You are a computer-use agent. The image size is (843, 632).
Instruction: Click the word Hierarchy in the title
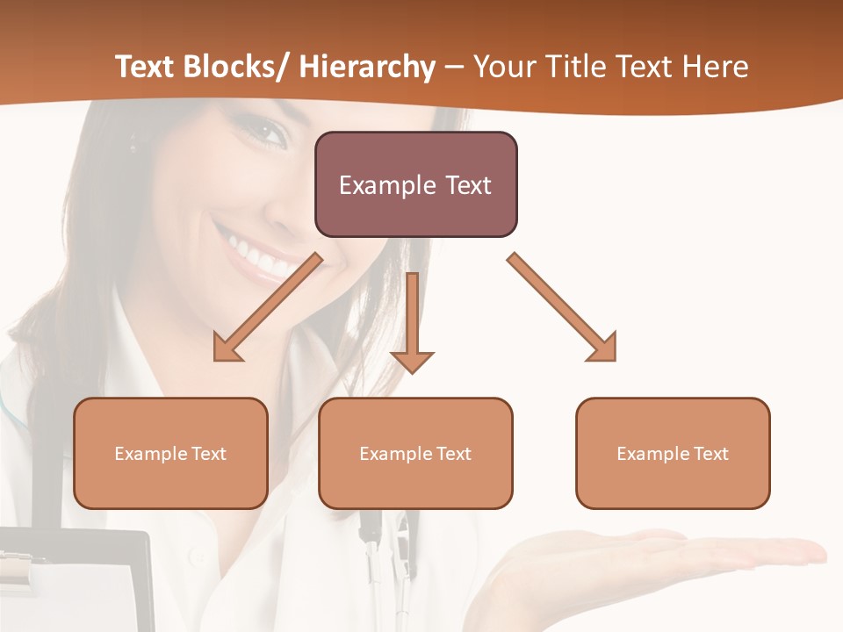(x=367, y=68)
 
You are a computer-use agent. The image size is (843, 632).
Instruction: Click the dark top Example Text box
(x=415, y=184)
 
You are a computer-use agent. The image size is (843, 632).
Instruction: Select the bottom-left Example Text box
(x=170, y=453)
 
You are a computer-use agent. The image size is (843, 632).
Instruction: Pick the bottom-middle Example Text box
(x=415, y=453)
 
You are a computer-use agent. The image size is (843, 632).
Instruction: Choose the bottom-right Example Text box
(x=673, y=453)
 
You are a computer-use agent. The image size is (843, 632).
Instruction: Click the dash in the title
(x=454, y=68)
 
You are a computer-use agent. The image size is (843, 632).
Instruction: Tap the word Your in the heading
(x=503, y=68)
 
